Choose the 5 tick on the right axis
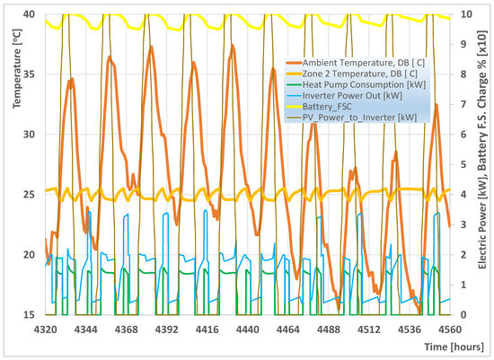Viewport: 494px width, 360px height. (460, 164)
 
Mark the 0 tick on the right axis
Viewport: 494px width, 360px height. (460, 315)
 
